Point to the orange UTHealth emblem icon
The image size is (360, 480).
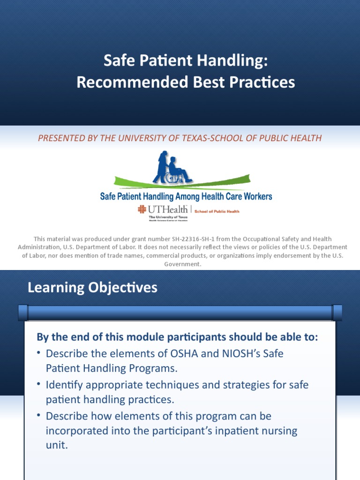pyautogui.click(x=142, y=210)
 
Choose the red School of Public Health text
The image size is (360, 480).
pyautogui.click(x=216, y=211)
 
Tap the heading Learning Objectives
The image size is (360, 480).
pyautogui.click(x=92, y=287)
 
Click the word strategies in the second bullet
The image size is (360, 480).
pyautogui.click(x=232, y=385)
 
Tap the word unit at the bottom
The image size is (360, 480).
pyautogui.click(x=57, y=445)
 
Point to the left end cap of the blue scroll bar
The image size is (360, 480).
pyautogui.click(x=22, y=312)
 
